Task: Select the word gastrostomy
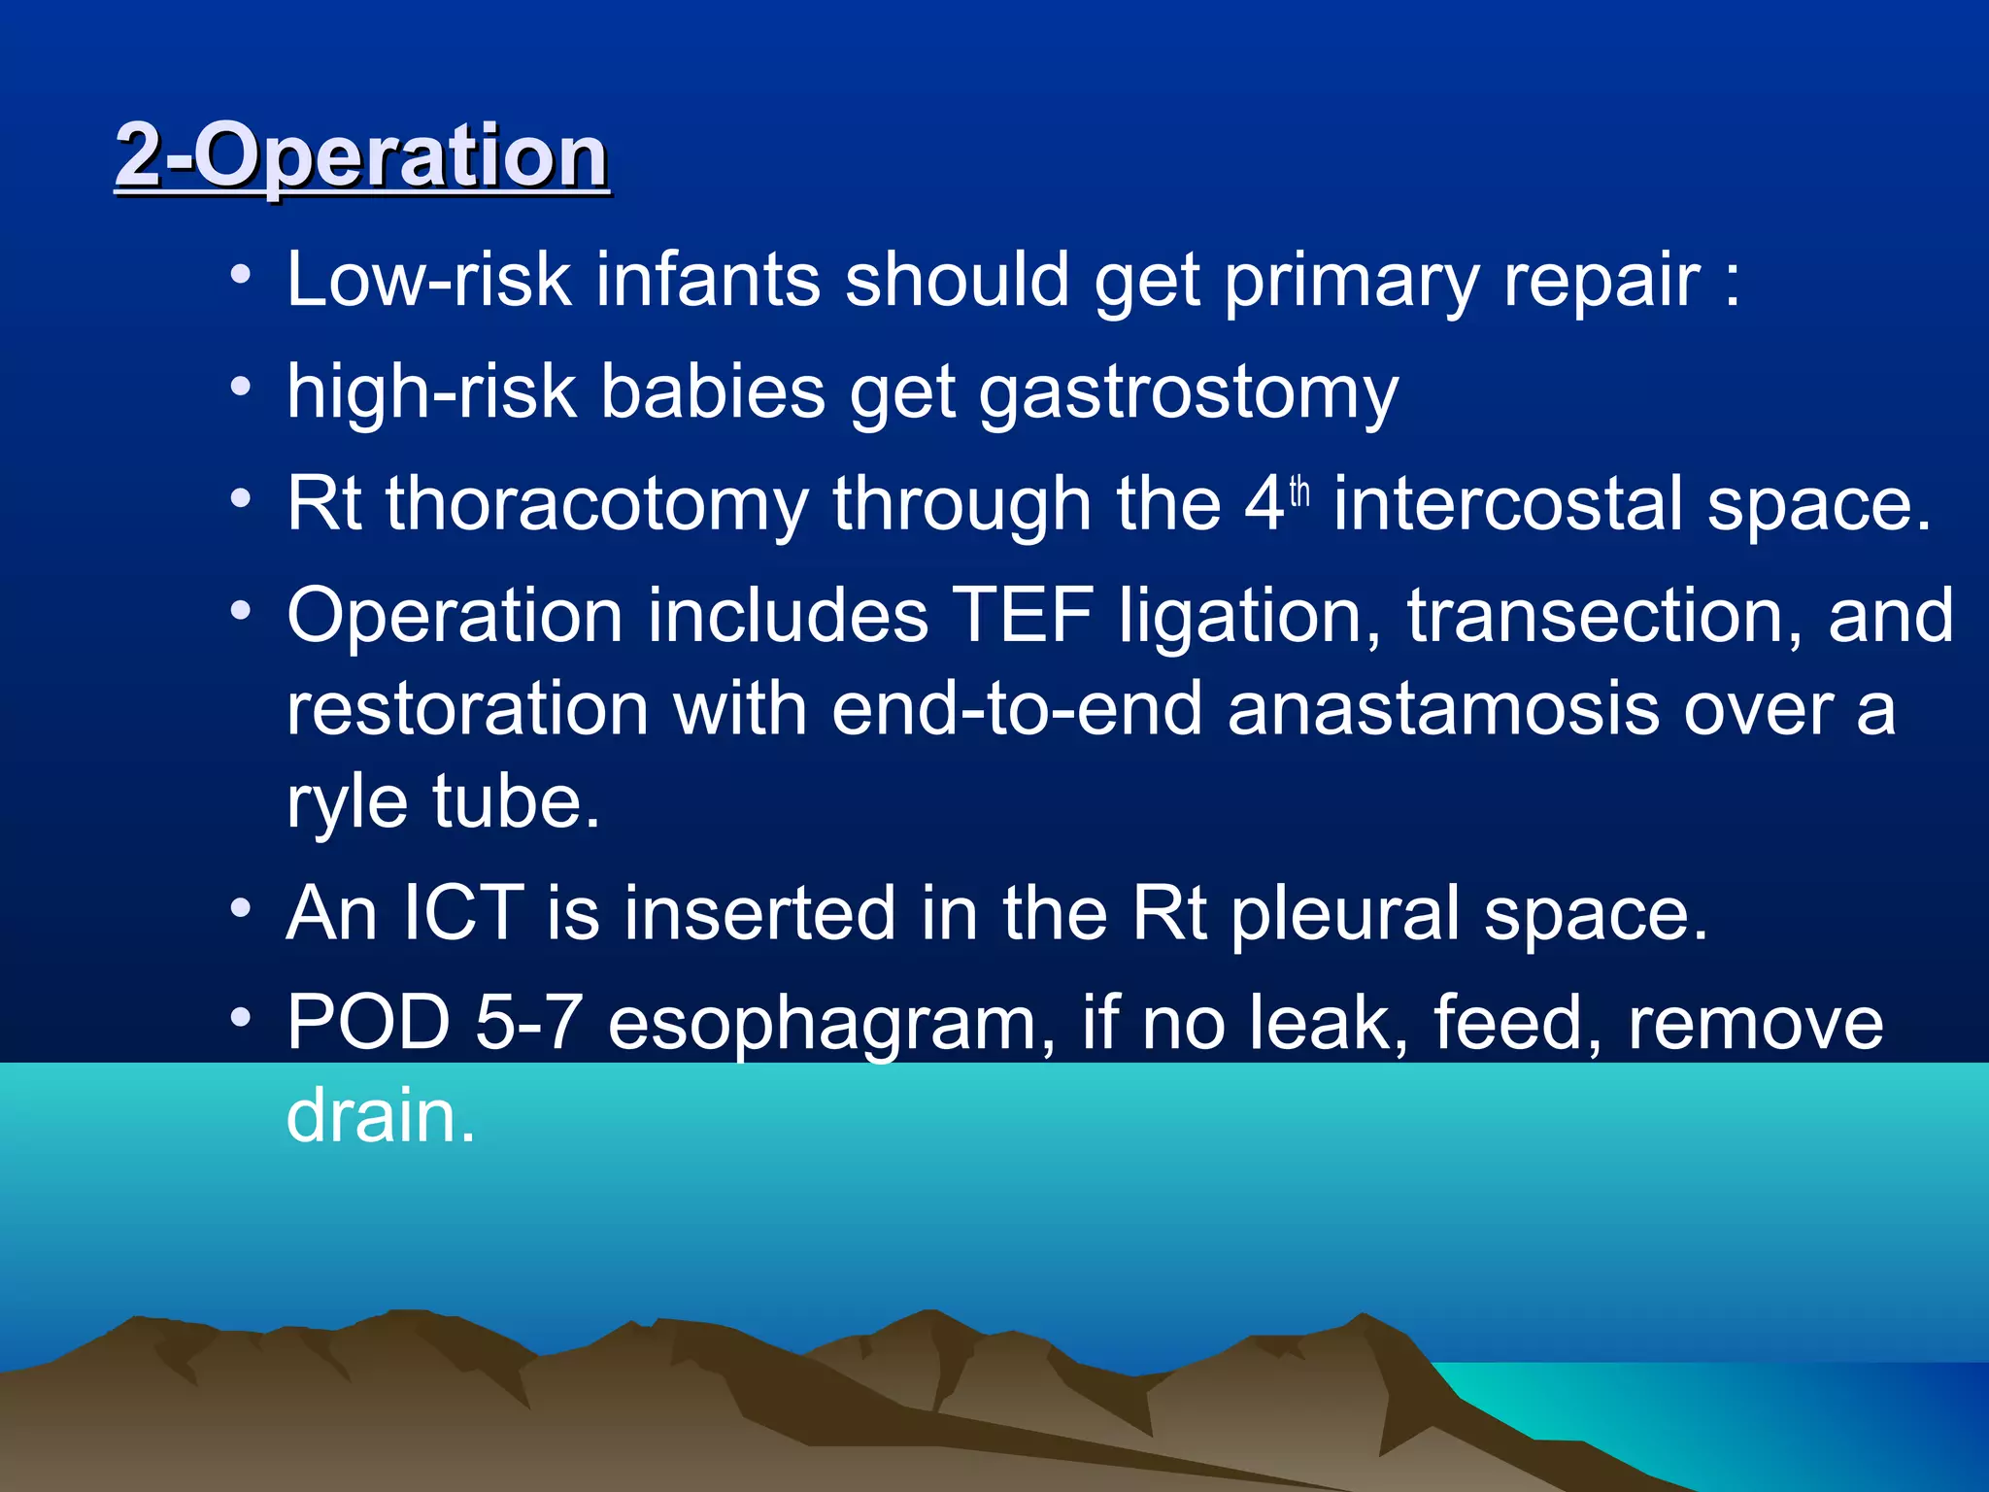point(1188,393)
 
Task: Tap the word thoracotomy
point(596,504)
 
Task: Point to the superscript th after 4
point(1299,492)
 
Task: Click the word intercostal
point(1507,504)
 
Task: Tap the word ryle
point(347,804)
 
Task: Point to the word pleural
point(1344,915)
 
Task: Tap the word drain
point(379,1116)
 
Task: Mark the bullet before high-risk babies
point(241,388)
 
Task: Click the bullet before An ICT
point(241,910)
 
